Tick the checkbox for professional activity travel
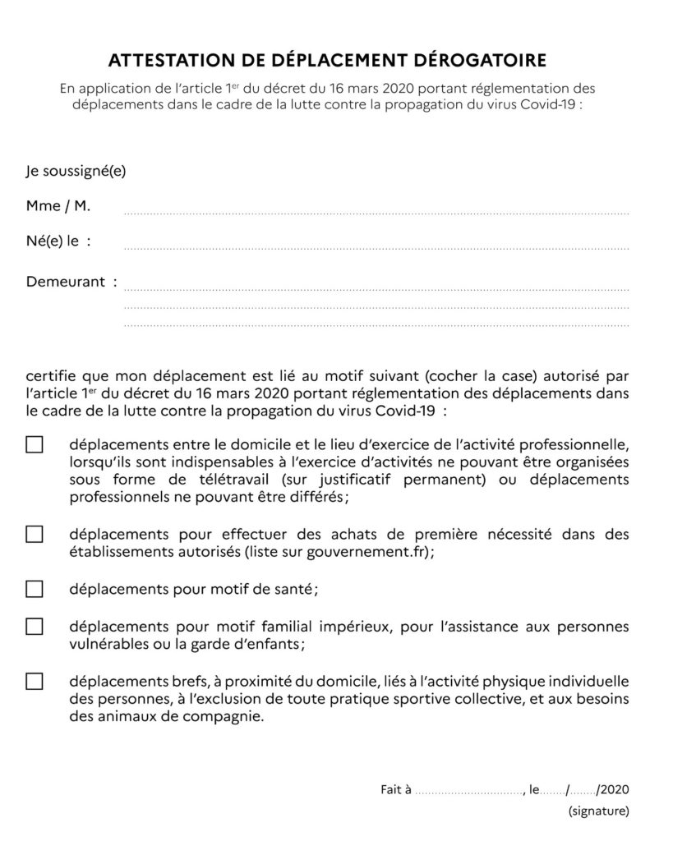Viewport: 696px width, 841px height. [35, 445]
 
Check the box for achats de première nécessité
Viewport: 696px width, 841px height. [35, 534]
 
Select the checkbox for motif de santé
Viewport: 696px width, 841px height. [35, 589]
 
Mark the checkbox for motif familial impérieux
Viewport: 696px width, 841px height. [35, 627]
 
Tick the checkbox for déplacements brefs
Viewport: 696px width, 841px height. [35, 681]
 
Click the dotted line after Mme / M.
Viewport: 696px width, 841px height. [376, 212]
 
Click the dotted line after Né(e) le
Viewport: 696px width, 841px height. [376, 247]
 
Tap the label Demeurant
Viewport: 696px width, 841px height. [66, 283]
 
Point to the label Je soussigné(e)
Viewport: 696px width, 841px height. [76, 172]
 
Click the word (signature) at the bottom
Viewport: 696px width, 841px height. [598, 812]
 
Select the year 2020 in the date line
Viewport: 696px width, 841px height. [615, 790]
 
